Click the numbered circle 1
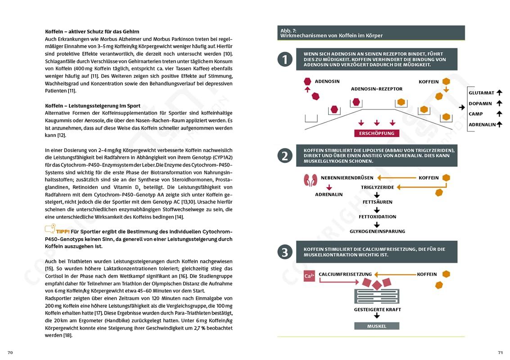click(285, 59)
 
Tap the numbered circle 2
click(285, 156)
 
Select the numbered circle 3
click(285, 252)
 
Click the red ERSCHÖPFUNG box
click(377, 133)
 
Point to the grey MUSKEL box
click(377, 326)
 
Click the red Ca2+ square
click(309, 276)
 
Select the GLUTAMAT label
click(481, 93)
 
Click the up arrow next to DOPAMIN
click(499, 103)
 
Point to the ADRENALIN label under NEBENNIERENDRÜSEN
click(329, 194)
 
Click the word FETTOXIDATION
click(377, 216)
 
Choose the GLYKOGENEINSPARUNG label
click(377, 231)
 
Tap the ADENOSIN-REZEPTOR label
click(377, 89)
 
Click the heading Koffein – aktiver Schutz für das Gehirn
click(92, 31)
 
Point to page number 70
click(10, 352)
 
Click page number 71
click(500, 352)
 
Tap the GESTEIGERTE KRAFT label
click(377, 310)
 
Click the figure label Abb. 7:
click(288, 30)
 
